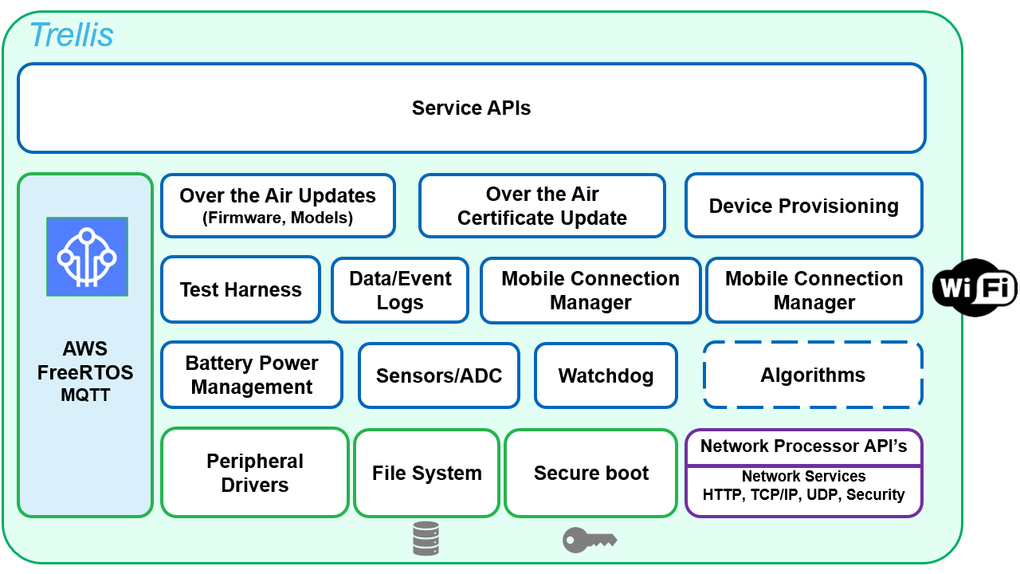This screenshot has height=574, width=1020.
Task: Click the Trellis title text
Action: point(71,35)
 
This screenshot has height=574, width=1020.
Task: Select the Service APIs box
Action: point(471,108)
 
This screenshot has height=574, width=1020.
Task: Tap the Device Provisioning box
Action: point(803,206)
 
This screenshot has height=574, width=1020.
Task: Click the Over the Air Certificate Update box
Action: point(542,206)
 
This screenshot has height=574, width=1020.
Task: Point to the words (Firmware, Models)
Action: point(277,218)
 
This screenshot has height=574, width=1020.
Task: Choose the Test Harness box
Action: point(241,289)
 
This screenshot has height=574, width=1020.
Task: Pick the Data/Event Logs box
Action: point(400,290)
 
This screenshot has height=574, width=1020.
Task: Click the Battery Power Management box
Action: point(252,375)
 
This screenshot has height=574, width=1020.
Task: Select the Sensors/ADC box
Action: point(439,375)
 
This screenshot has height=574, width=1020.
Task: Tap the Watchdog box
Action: point(606,375)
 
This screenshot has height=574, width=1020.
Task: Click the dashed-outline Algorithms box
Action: point(813,375)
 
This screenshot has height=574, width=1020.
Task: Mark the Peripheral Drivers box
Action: point(255,473)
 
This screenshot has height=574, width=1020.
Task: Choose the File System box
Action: point(427,473)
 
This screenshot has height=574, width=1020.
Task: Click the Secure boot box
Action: point(591,473)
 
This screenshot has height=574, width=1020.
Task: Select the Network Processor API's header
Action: point(803,446)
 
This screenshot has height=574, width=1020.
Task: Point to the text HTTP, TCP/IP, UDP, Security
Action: point(803,494)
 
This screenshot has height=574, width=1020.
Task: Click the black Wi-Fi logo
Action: point(975,288)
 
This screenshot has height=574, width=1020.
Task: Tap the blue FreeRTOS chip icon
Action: point(87,257)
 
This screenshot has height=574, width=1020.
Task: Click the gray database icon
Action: point(426,538)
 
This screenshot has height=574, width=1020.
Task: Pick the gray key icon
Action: point(589,540)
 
